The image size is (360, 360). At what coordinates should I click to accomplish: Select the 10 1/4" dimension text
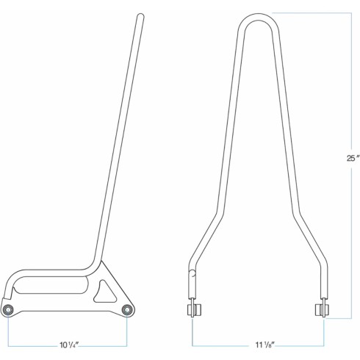[x=69, y=345]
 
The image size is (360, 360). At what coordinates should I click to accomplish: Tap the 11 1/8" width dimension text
[x=264, y=345]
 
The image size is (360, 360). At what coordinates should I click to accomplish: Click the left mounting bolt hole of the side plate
[x=8, y=310]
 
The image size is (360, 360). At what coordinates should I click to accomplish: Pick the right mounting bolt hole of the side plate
[x=127, y=310]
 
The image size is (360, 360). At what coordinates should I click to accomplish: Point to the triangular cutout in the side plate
[x=104, y=292]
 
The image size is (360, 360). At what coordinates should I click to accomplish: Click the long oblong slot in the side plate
[x=50, y=285]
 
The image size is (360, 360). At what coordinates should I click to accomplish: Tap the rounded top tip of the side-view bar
[x=140, y=15]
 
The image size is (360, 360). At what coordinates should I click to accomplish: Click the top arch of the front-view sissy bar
[x=259, y=16]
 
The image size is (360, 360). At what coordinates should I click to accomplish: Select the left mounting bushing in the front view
[x=194, y=310]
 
